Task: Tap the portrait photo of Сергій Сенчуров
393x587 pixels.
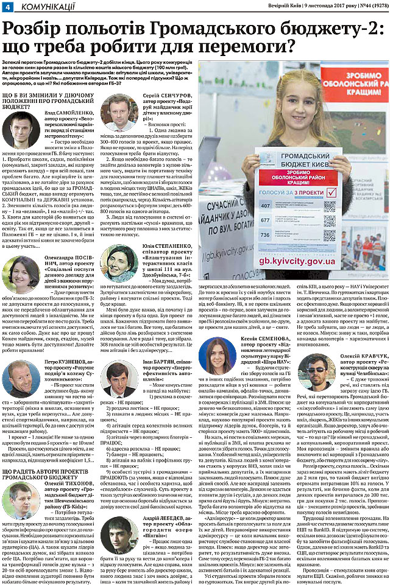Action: tap(119, 112)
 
